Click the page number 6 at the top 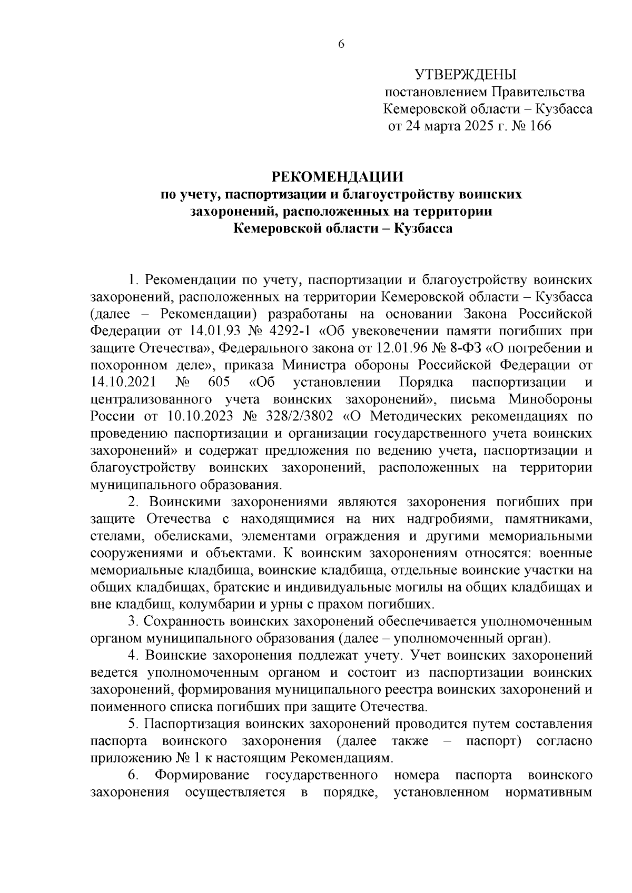pyautogui.click(x=340, y=45)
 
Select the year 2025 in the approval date pyautogui.click(x=479, y=126)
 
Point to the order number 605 pyautogui.click(x=219, y=382)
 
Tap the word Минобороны pyautogui.click(x=551, y=399)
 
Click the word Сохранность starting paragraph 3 pyautogui.click(x=185, y=621)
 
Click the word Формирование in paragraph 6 pyautogui.click(x=202, y=776)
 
